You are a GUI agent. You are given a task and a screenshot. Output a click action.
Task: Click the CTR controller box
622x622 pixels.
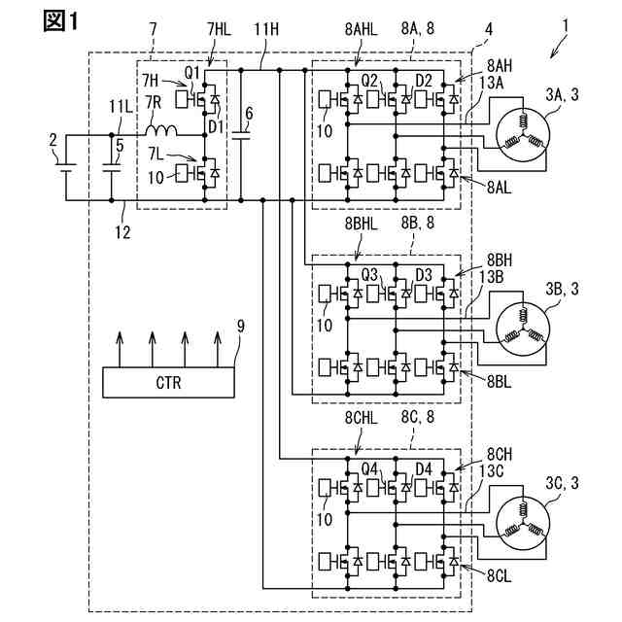pos(168,382)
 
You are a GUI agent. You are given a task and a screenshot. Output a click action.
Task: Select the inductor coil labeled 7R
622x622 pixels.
pos(161,130)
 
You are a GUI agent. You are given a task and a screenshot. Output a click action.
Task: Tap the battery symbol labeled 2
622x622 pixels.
pos(66,167)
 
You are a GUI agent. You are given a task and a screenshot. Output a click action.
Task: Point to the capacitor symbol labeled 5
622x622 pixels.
pos(112,167)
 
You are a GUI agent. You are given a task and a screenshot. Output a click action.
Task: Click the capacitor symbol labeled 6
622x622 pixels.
pos(241,135)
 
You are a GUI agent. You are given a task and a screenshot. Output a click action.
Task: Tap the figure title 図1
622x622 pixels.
pos(60,21)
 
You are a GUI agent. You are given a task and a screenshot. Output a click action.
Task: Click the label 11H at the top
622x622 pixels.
pos(265,30)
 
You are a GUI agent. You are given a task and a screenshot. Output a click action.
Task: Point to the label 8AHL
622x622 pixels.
pos(361,30)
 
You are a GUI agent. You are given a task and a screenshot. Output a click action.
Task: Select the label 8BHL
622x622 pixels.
pos(361,225)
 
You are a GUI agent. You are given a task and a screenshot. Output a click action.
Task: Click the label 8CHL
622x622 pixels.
pos(361,418)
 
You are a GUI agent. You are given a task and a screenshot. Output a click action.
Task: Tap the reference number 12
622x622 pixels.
pos(123,232)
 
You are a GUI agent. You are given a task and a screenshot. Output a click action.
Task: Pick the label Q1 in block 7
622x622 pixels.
pos(192,73)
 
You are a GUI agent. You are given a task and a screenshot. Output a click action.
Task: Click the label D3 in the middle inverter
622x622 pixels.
pos(424,275)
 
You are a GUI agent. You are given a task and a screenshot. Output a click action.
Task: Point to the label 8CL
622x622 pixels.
pos(499,576)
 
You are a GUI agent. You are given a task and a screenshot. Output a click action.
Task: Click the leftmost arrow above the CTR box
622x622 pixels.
pos(120,349)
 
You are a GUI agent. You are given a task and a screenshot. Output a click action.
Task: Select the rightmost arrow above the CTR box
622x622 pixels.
pos(217,349)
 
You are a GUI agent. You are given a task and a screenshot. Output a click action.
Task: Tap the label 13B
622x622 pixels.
pos(491,278)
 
